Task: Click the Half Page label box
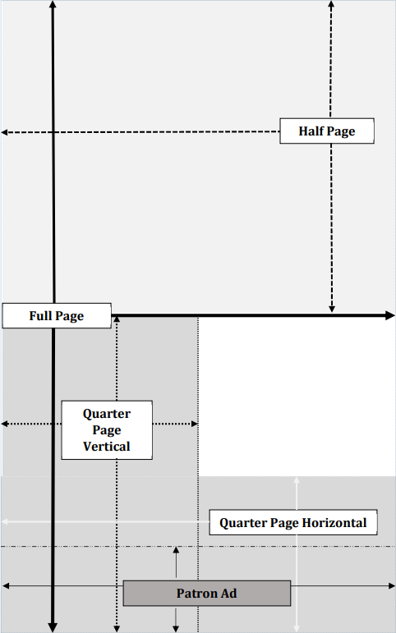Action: (x=327, y=131)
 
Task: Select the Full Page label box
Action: (x=57, y=316)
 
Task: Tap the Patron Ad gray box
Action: (x=207, y=594)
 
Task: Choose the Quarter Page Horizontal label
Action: (x=293, y=522)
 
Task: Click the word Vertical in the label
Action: (x=107, y=447)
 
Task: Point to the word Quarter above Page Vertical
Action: (x=107, y=414)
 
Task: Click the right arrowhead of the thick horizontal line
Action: (x=390, y=315)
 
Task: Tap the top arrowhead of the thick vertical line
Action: (x=52, y=4)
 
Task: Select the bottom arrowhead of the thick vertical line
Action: (x=53, y=627)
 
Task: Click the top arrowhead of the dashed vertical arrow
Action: (x=331, y=3)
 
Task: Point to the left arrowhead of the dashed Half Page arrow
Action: (x=4, y=132)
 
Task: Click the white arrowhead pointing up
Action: (x=297, y=480)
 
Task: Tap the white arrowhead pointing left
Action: (x=4, y=521)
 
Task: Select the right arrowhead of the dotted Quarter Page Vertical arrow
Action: (x=195, y=424)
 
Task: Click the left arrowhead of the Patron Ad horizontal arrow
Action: (x=6, y=585)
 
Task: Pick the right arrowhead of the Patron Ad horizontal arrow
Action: (x=391, y=585)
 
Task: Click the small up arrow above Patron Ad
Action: (x=176, y=562)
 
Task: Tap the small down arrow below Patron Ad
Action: (x=176, y=620)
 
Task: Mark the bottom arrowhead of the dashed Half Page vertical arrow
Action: (x=332, y=309)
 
